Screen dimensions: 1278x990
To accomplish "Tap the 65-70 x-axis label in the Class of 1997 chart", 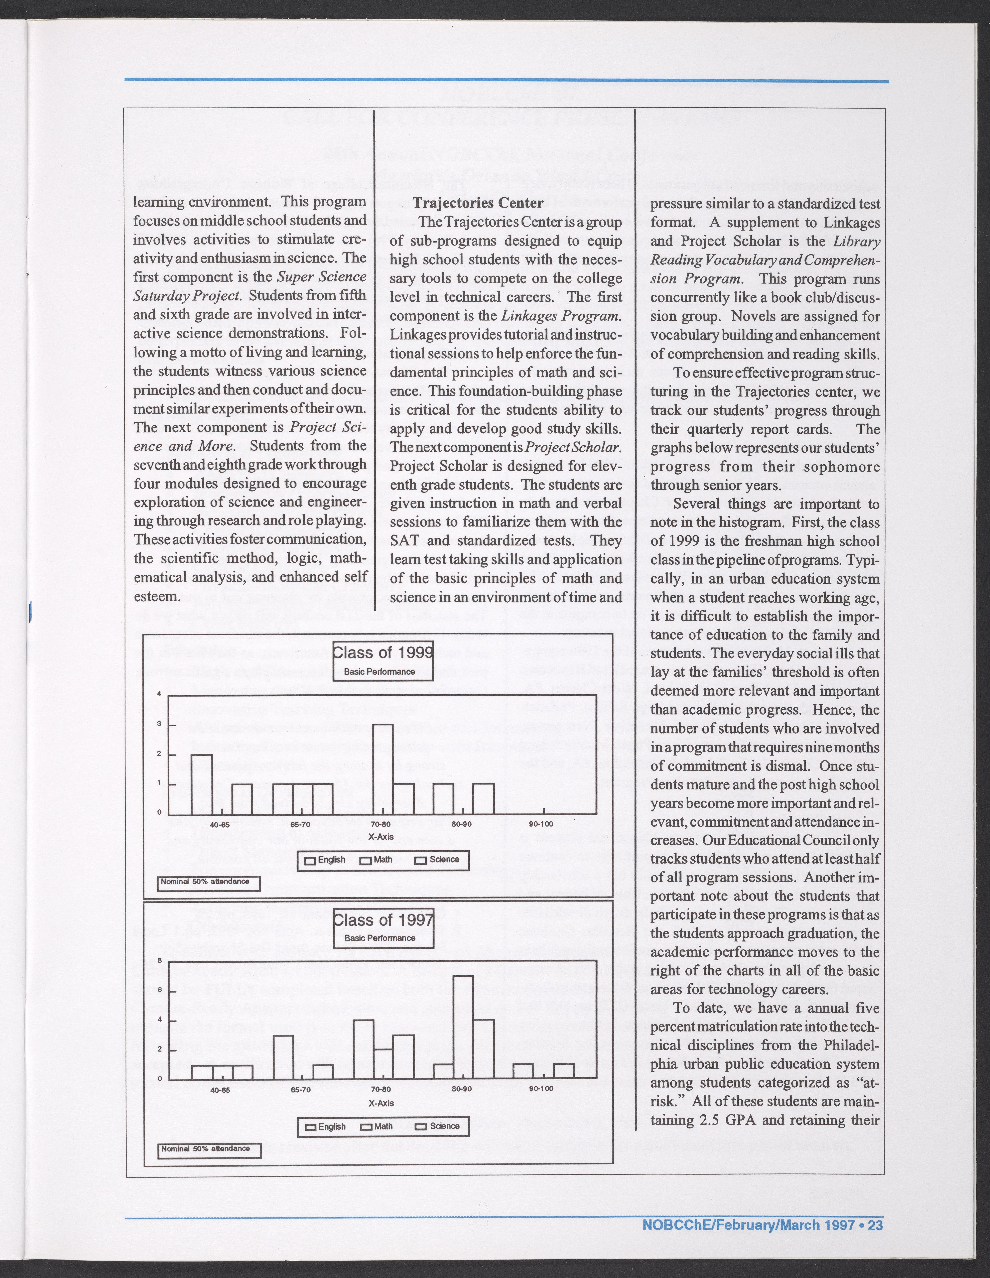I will coord(300,1089).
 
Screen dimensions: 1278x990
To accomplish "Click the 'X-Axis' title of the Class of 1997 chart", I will coord(381,1103).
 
